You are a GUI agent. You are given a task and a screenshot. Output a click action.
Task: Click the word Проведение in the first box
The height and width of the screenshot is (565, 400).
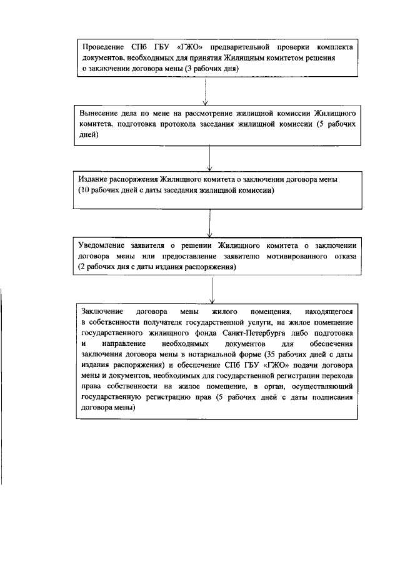(x=104, y=47)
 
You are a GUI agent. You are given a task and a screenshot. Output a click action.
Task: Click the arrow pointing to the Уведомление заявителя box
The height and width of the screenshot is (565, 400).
(x=209, y=222)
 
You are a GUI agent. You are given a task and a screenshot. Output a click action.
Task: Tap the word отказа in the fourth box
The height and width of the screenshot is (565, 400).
(x=344, y=256)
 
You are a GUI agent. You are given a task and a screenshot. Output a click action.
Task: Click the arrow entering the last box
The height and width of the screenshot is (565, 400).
(x=213, y=289)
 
